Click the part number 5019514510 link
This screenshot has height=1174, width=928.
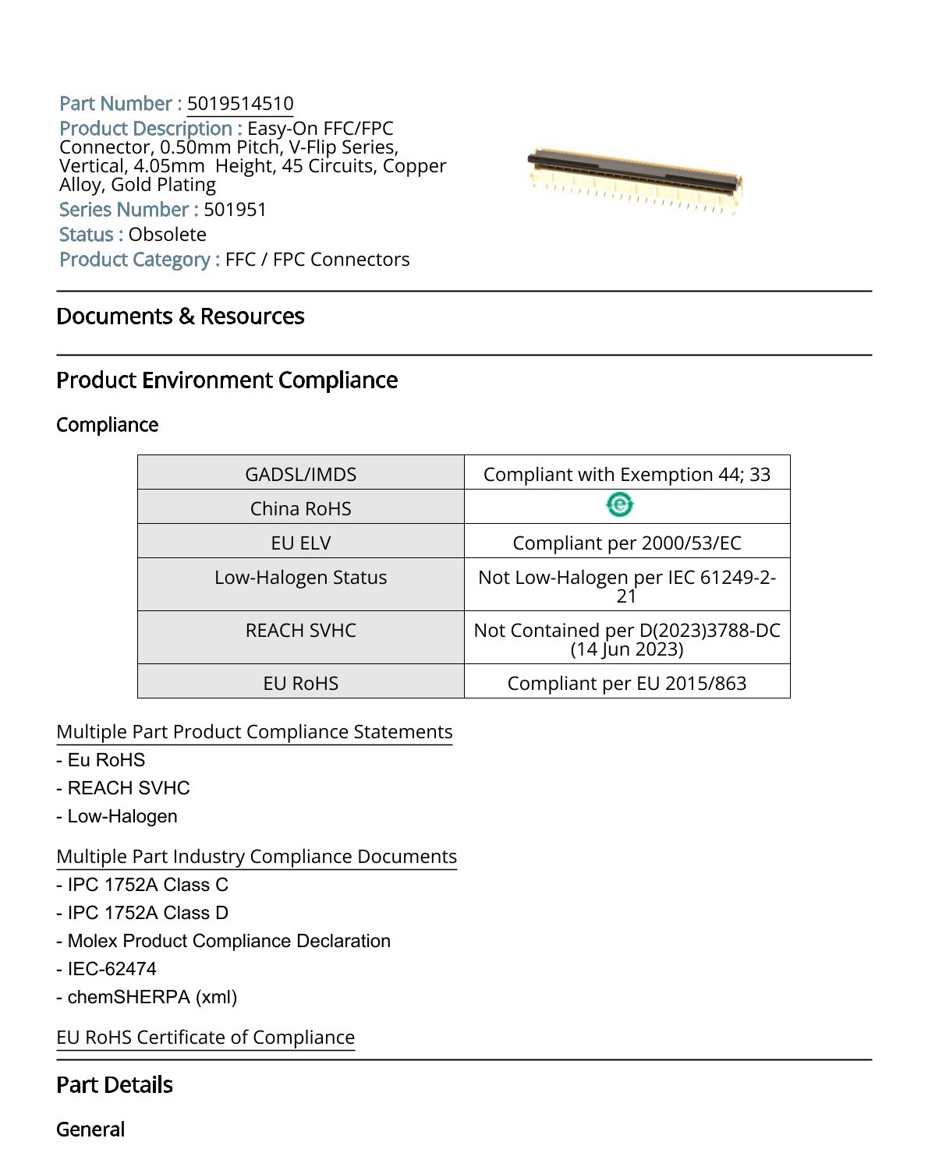coord(240,104)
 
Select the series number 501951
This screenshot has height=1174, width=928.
coord(235,210)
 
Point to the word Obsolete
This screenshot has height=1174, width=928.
coord(168,235)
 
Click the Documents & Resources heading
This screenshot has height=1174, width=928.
coord(180,316)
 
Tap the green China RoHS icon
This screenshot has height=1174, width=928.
coord(620,506)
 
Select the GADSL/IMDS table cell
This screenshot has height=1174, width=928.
coord(301,474)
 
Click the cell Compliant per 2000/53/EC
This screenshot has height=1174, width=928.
coord(626,543)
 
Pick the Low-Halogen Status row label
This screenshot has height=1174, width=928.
coord(301,578)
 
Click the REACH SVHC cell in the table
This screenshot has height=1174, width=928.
coord(301,631)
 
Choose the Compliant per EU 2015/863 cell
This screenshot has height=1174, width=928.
coord(626,683)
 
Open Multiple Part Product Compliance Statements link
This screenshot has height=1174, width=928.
coord(254,732)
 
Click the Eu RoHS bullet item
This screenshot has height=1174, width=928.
coord(106,760)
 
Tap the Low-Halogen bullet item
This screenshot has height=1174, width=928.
coord(122,816)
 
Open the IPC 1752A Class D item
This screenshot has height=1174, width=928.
coord(147,913)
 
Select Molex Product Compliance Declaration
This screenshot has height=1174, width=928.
coord(228,941)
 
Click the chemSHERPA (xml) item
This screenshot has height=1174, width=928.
coord(152,997)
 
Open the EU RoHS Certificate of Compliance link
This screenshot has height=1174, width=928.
coord(205,1038)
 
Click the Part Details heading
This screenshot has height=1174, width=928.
coord(115,1085)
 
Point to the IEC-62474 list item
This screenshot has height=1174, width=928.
coord(112,969)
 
